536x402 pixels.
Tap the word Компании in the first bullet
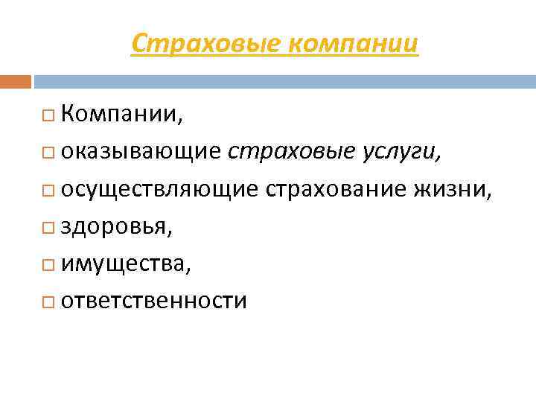pyautogui.click(x=120, y=115)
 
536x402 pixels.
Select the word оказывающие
pyautogui.click(x=141, y=152)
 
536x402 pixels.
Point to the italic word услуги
pyautogui.click(x=401, y=153)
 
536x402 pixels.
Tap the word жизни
pyautogui.click(x=451, y=189)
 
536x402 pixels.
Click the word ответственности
pyautogui.click(x=154, y=301)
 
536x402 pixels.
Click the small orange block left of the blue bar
pyautogui.click(x=15, y=80)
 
